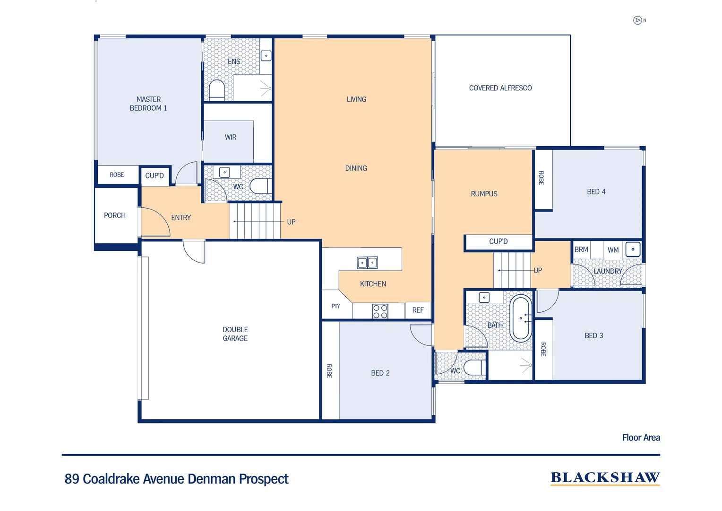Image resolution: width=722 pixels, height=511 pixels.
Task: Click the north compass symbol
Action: (637, 20)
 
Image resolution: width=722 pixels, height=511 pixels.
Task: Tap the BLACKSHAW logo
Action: (605, 478)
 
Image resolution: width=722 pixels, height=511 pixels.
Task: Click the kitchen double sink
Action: (367, 263)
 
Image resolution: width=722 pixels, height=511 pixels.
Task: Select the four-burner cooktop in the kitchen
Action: (380, 311)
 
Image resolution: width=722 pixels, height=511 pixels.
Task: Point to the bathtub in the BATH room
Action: (521, 318)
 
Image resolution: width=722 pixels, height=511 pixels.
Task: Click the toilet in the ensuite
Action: (217, 90)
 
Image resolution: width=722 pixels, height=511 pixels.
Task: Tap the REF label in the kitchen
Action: (418, 310)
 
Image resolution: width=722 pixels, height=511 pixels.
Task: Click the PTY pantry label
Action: (335, 306)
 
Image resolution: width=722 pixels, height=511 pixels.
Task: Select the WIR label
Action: (231, 137)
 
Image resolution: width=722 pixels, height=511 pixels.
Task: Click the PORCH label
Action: (115, 215)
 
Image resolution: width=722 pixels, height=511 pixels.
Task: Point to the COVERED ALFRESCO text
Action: (500, 88)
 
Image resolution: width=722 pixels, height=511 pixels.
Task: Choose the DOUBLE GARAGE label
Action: (235, 334)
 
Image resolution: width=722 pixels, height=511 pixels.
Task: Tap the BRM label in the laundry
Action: (581, 249)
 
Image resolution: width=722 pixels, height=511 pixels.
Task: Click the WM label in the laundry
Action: (613, 250)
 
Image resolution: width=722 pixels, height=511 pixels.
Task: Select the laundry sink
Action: (633, 249)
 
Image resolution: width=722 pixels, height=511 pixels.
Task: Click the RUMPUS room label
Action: (484, 194)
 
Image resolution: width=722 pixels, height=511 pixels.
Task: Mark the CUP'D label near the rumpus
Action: (498, 241)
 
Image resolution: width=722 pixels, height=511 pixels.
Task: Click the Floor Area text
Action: (641, 438)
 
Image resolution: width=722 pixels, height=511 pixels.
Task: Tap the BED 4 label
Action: (596, 192)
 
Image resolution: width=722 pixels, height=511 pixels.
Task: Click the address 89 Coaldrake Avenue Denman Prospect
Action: (176, 479)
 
